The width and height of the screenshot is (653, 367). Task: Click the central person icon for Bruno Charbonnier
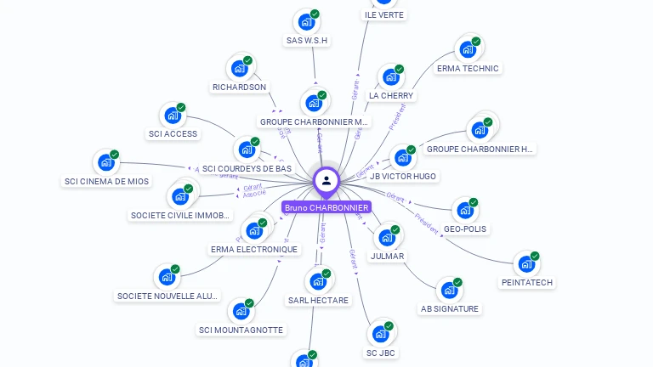pyautogui.click(x=326, y=180)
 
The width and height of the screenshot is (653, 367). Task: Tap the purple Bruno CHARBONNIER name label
pyautogui.click(x=326, y=207)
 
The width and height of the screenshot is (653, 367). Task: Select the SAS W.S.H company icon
pyautogui.click(x=306, y=22)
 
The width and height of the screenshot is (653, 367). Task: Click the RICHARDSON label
pyautogui.click(x=239, y=87)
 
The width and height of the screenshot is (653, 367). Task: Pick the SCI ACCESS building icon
pyautogui.click(x=173, y=116)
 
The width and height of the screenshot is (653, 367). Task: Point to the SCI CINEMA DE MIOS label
pyautogui.click(x=106, y=181)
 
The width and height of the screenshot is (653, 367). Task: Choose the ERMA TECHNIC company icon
pyautogui.click(x=468, y=49)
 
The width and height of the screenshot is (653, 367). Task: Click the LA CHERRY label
pyautogui.click(x=391, y=96)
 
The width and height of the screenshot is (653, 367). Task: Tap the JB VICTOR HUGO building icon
pyautogui.click(x=402, y=158)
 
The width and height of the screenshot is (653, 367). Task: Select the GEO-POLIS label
pyautogui.click(x=466, y=229)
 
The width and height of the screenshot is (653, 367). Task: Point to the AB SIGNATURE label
pyautogui.click(x=450, y=308)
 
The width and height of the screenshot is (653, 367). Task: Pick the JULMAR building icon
pyautogui.click(x=387, y=237)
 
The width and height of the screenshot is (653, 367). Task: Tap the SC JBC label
pyautogui.click(x=382, y=353)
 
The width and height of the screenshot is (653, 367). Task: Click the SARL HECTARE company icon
pyautogui.click(x=318, y=281)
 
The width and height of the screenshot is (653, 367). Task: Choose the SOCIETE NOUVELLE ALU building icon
pyautogui.click(x=167, y=277)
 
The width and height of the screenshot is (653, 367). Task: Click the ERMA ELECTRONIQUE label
pyautogui.click(x=254, y=249)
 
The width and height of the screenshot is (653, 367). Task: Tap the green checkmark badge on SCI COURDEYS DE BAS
pyautogui.click(x=255, y=142)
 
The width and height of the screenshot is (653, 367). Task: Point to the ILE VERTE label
pyautogui.click(x=384, y=15)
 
